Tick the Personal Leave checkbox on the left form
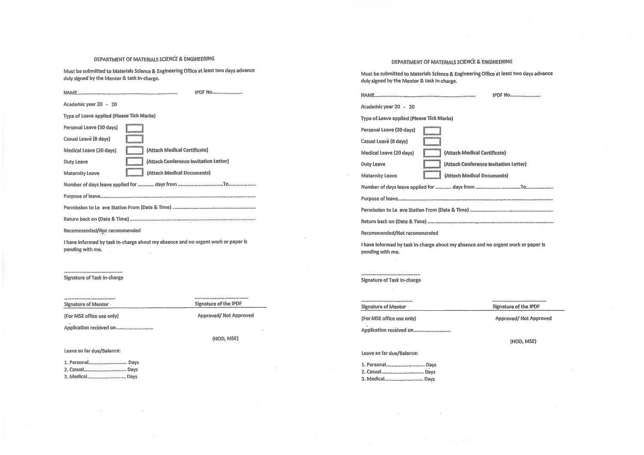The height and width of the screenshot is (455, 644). pos(134,128)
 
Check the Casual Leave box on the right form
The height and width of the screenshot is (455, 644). pos(432,142)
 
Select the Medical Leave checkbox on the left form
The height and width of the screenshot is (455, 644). pos(134,151)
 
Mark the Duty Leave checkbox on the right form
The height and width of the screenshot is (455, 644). pos(432,164)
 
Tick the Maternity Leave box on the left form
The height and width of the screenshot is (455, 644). pos(134,173)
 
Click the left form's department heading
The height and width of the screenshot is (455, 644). pos(154,59)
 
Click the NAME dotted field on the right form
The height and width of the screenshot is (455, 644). pos(425,95)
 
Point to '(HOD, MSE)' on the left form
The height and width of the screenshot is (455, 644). pos(225,339)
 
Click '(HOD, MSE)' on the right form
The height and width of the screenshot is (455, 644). pos(523,342)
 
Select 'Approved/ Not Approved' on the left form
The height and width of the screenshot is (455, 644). pos(225,315)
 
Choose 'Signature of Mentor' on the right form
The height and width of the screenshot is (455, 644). pos(383,307)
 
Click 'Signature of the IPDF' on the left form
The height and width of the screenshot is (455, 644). pos(218,304)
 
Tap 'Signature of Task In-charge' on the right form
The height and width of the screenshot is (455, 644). pos(391,280)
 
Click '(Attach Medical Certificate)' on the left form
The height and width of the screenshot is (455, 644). pos(177,150)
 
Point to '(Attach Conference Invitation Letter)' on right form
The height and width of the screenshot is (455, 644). pos(485,164)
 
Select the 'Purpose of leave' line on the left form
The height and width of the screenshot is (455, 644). pos(159,196)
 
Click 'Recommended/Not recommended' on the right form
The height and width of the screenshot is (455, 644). pos(399,233)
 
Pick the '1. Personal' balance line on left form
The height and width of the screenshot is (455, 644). pos(101,362)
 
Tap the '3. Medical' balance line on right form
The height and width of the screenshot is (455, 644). pos(398,379)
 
